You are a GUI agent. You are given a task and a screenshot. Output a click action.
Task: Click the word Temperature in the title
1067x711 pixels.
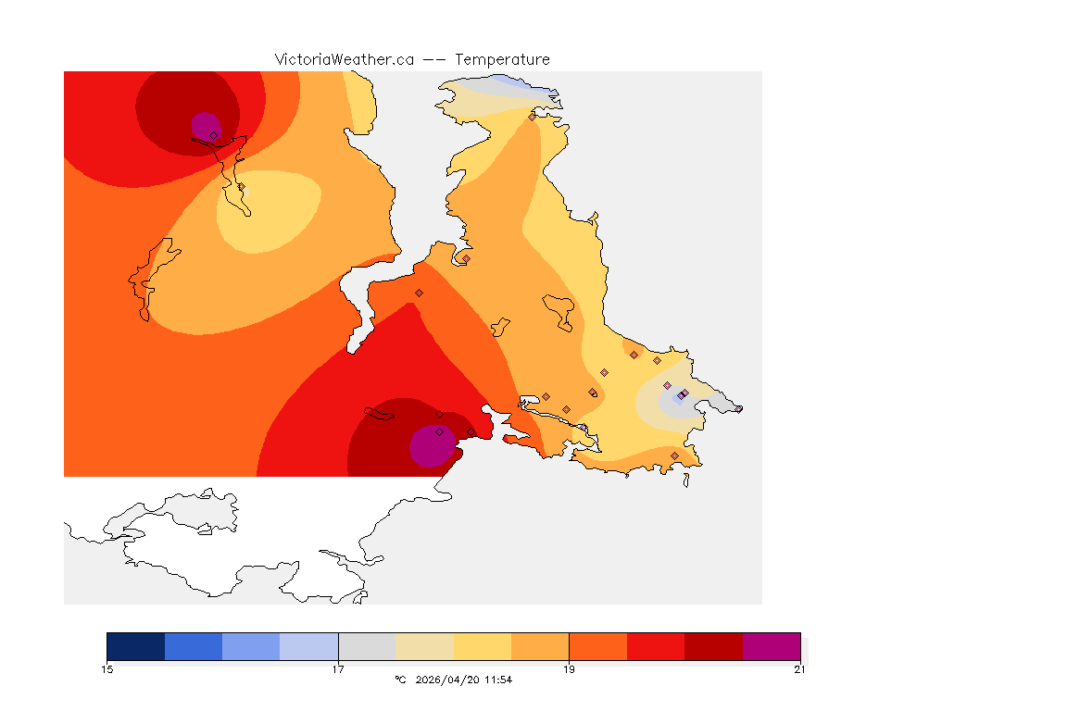click(x=502, y=59)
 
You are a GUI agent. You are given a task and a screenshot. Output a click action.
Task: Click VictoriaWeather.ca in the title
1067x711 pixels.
click(x=344, y=59)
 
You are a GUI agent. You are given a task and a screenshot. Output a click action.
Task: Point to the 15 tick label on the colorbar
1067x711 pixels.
click(x=107, y=669)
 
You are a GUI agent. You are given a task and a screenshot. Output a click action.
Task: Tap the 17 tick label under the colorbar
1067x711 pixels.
click(x=338, y=669)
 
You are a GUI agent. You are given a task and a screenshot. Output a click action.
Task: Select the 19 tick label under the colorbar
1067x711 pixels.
click(x=569, y=669)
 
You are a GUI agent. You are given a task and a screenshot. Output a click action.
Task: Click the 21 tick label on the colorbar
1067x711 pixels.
click(x=799, y=669)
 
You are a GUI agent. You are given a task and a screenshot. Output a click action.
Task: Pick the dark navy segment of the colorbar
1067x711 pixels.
click(x=135, y=646)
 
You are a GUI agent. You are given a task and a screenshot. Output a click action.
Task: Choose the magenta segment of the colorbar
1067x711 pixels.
click(x=772, y=646)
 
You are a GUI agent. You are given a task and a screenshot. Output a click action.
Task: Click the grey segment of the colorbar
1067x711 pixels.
click(x=367, y=646)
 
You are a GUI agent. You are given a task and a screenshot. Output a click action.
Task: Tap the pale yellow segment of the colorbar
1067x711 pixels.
click(x=483, y=646)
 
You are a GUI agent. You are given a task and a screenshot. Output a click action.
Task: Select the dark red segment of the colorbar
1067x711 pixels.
click(x=713, y=646)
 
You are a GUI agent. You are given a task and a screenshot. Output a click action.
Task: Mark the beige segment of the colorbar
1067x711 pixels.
click(x=424, y=646)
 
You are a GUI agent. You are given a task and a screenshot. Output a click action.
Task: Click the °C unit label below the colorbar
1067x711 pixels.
click(x=400, y=680)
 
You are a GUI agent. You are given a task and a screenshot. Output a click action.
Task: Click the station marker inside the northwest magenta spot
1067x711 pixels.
click(x=213, y=135)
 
